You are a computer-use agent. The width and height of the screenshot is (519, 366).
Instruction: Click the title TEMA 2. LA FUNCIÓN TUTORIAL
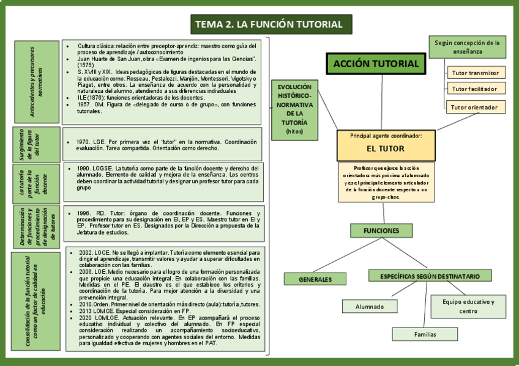pos(269,24)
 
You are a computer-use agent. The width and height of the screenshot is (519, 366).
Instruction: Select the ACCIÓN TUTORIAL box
pos(376,64)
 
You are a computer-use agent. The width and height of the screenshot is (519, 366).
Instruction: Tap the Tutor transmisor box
pos(475,73)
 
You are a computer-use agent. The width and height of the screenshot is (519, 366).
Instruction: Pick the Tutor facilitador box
pos(475,89)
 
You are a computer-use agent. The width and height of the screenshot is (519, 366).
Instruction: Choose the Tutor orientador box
pos(475,108)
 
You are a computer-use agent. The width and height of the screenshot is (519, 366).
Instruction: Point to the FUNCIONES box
pos(381,230)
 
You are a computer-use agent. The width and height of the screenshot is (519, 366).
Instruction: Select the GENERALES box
pos(315,279)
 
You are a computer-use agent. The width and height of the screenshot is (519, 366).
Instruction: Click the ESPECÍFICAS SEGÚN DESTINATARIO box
pos(430,276)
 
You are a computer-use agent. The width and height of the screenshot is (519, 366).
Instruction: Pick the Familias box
pos(425,334)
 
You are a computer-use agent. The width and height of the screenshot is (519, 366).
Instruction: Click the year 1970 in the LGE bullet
pos(84,142)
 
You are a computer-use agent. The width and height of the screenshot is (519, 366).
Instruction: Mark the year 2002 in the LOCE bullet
pos(86,252)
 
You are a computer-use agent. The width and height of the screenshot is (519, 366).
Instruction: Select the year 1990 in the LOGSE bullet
pos(84,167)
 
